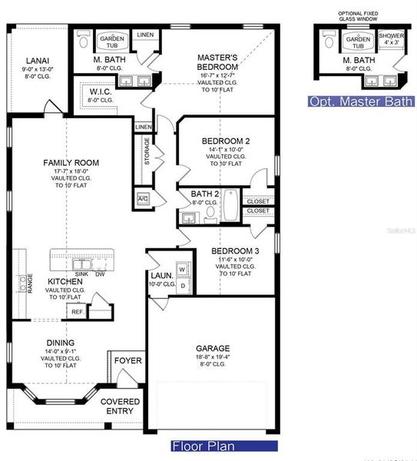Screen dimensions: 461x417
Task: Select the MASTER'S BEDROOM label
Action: point(221,58)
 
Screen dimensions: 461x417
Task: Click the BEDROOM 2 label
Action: point(226,141)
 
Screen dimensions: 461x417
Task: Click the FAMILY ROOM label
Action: point(71,162)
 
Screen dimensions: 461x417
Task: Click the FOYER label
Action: point(127,360)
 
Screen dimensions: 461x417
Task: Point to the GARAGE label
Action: point(212,347)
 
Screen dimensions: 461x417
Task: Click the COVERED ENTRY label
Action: point(121,406)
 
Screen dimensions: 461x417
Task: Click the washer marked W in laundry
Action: point(183,270)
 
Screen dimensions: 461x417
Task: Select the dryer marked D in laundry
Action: point(183,286)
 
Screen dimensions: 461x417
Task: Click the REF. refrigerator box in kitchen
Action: point(78,312)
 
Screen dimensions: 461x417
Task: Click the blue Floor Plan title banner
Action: point(223,446)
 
